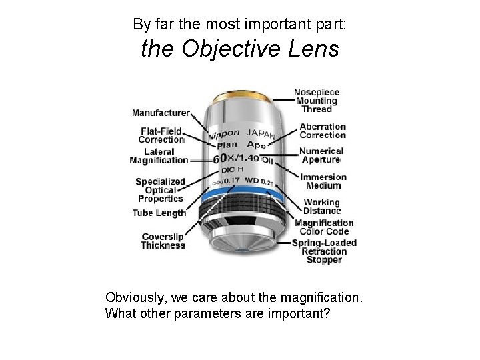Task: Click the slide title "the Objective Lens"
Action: pyautogui.click(x=239, y=50)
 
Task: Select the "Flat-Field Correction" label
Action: pyautogui.click(x=161, y=135)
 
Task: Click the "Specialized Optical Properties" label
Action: pyautogui.click(x=159, y=189)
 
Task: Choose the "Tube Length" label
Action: pyautogui.click(x=160, y=213)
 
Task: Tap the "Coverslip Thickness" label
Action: pyautogui.click(x=163, y=241)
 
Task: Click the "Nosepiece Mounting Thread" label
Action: pyautogui.click(x=317, y=100)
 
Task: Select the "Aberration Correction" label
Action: pyautogui.click(x=323, y=131)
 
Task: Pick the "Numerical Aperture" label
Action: pyautogui.click(x=321, y=155)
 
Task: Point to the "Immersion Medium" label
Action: pyautogui.click(x=323, y=181)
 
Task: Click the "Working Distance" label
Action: pyautogui.click(x=321, y=206)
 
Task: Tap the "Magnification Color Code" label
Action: pyautogui.click(x=324, y=227)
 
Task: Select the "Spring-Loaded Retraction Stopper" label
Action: pyautogui.click(x=324, y=251)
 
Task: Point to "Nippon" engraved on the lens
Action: pyautogui.click(x=223, y=134)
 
